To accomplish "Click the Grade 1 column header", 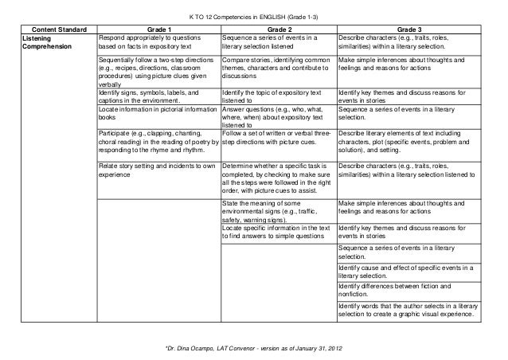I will tap(158, 27).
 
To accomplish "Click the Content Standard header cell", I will tap(55, 27).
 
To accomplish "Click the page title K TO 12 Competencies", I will tap(253, 15).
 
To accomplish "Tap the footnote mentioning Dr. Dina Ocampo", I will tap(253, 349).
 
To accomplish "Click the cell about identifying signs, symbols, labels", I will tap(156, 98).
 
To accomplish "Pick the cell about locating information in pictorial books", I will tap(156, 115).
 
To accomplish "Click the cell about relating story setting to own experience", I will tap(156, 169).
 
